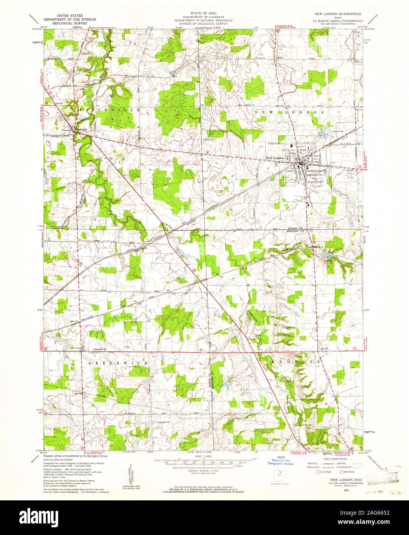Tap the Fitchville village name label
[81, 130]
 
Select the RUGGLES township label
[300, 362]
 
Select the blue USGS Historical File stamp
[281, 461]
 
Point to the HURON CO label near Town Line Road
[294, 229]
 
